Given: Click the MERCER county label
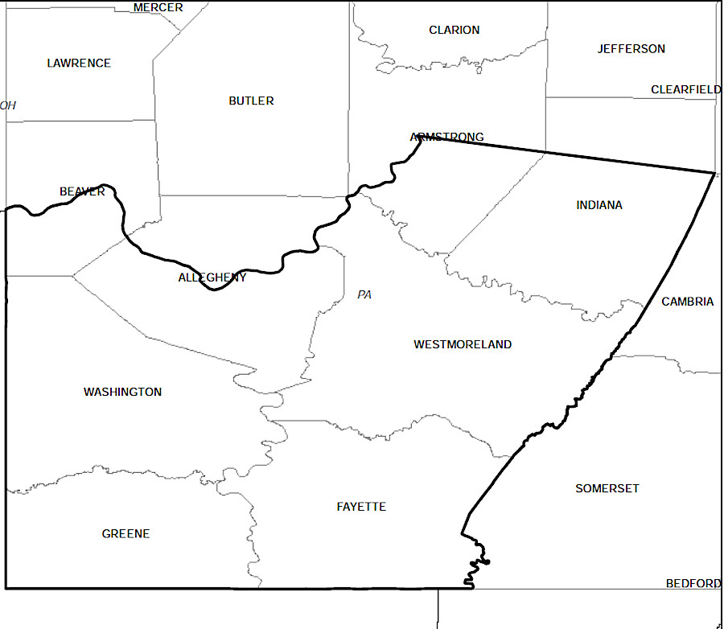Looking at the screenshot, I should click(158, 7).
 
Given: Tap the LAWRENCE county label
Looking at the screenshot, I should click(79, 63).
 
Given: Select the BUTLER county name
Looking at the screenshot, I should click(251, 101).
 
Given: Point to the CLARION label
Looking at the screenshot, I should click(454, 30).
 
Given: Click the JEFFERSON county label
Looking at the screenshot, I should click(631, 48).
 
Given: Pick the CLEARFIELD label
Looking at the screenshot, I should click(685, 89).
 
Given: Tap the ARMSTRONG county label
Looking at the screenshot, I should click(447, 137).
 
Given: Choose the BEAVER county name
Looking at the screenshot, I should click(82, 191).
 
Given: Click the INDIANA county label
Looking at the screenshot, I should click(599, 205).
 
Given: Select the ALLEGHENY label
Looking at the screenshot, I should click(212, 277).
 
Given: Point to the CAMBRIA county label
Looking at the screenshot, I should click(687, 302).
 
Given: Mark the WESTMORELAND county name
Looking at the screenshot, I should click(463, 344).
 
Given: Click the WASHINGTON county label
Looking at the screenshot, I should click(122, 392).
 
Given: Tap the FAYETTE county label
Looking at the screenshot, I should click(361, 507).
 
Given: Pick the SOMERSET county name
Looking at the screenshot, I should click(607, 488).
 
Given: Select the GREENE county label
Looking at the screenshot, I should click(125, 533).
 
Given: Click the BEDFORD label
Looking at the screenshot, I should click(693, 583).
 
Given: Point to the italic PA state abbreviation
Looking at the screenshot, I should click(364, 295).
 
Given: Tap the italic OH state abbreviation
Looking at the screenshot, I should click(8, 105).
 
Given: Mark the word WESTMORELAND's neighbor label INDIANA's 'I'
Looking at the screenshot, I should click(578, 205).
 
